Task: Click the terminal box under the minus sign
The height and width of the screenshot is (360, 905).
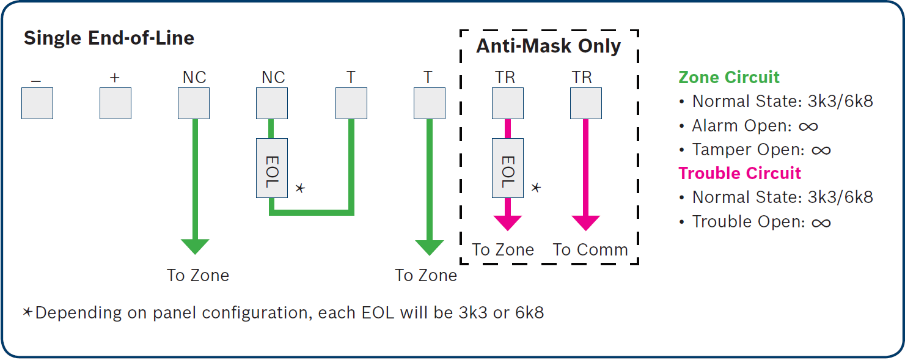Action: [x=37, y=103]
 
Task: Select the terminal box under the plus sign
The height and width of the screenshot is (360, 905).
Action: [x=115, y=103]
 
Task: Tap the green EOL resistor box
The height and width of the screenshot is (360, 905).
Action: [x=272, y=168]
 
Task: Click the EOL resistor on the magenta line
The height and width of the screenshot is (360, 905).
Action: [x=508, y=168]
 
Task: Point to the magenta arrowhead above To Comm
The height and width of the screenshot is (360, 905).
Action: [x=586, y=223]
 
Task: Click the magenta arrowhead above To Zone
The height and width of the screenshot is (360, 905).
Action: [x=508, y=223]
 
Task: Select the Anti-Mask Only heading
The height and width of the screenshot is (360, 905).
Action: [x=549, y=46]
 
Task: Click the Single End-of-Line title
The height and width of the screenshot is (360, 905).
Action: [x=109, y=39]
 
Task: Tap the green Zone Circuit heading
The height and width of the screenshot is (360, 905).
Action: [x=729, y=77]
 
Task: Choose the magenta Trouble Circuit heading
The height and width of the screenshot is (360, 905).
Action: [x=740, y=173]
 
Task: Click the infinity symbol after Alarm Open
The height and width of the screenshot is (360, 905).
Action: [x=808, y=127]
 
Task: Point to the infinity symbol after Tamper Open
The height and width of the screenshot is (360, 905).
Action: [x=821, y=151]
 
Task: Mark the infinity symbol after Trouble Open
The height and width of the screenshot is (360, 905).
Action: [x=821, y=222]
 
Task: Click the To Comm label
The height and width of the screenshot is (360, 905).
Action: [x=590, y=250]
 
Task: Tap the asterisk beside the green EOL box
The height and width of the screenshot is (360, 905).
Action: [x=300, y=188]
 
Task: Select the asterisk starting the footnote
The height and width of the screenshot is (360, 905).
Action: [x=27, y=312]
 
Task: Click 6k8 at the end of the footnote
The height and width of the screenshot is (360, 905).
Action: [x=530, y=313]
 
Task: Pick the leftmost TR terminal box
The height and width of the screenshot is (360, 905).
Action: [x=508, y=103]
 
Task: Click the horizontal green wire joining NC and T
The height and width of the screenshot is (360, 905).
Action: [x=312, y=213]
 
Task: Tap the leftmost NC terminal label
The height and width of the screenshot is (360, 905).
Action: [x=194, y=77]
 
